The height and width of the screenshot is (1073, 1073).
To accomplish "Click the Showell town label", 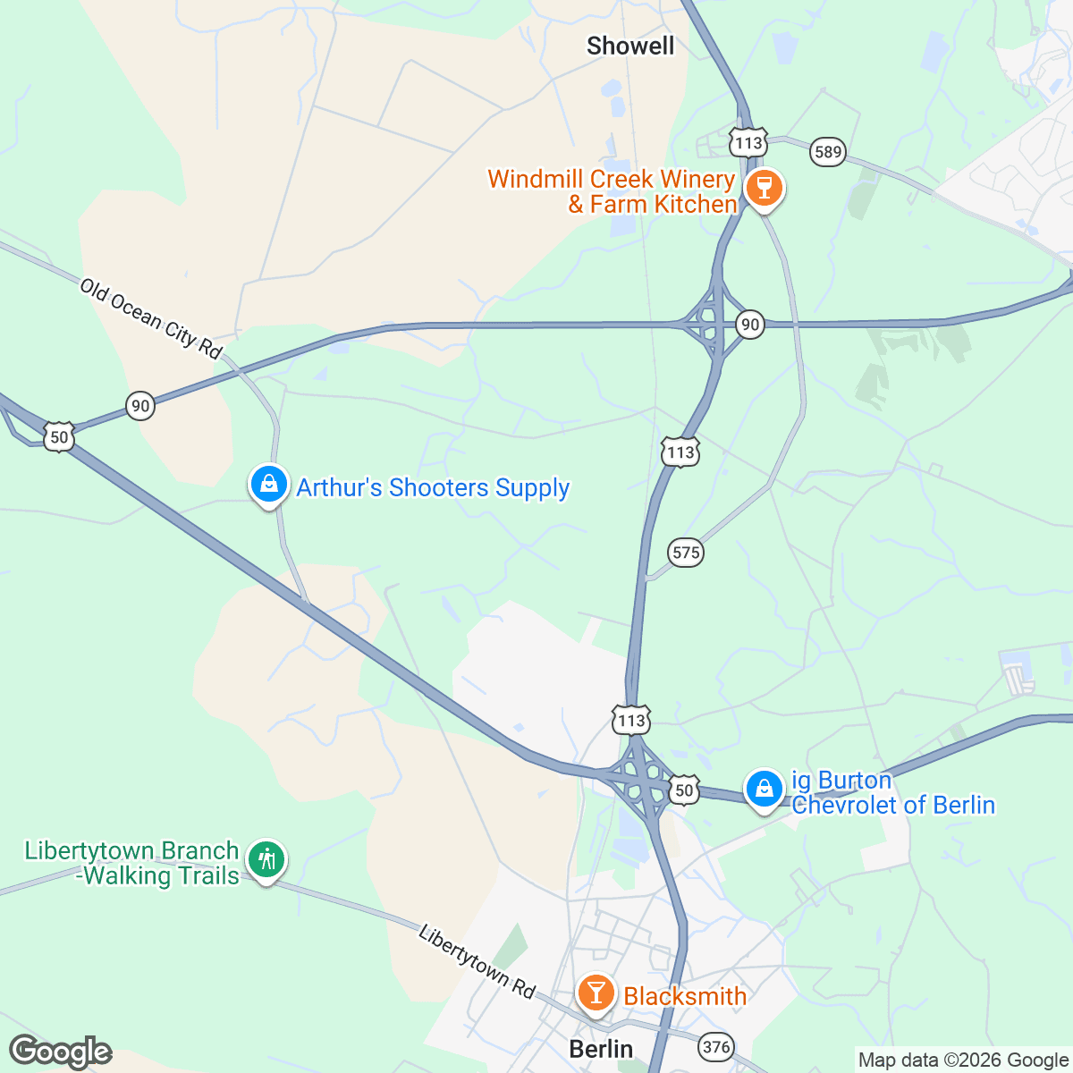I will coord(630,46).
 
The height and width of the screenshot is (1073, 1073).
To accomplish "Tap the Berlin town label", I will coord(601,1049).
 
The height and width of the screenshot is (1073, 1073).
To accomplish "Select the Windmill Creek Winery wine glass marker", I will coord(765,189).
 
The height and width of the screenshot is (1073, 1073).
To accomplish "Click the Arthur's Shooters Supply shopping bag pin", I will coord(268,485).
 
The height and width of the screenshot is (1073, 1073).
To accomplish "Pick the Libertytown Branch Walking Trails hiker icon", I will coord(266,860).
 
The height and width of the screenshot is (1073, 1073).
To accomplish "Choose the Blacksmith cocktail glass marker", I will coord(596,993).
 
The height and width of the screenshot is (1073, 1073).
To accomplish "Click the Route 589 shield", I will coord(828,152).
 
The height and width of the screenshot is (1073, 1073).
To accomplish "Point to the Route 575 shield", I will coord(686,552).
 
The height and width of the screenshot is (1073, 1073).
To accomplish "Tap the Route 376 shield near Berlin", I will coord(717,1047).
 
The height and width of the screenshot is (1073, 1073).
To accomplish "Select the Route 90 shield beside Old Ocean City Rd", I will coord(140,406).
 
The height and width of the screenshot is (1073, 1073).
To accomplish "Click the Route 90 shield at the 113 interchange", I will coord(750,324).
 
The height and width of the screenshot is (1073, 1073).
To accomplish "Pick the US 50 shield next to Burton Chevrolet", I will coord(684,790).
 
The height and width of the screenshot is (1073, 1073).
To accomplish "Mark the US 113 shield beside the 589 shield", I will coord(748,142).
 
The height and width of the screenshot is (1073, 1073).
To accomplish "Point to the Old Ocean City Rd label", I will coord(150,318).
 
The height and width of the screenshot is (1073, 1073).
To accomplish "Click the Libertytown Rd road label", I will coord(477,961).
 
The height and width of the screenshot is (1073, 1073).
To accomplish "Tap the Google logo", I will coord(60,1052).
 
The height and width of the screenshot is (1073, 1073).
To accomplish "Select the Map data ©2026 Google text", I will coord(963,1060).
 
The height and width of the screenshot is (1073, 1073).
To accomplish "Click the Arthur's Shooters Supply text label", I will coord(433,488).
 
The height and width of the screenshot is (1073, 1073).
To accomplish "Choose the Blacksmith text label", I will coord(685,996).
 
